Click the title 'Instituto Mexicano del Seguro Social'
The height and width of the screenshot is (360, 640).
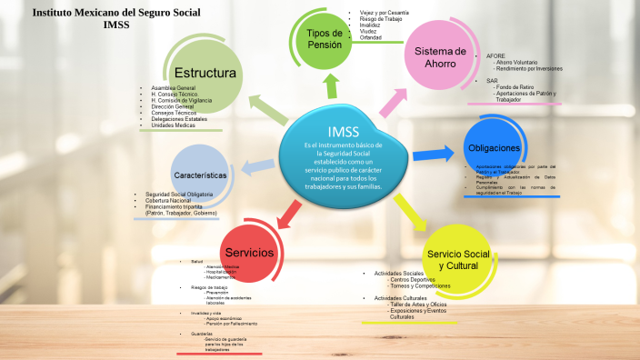(116, 13)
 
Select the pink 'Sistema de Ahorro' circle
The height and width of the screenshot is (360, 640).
(440, 56)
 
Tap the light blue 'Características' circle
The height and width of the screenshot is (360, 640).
(199, 174)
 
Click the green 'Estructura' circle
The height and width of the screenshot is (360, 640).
(205, 73)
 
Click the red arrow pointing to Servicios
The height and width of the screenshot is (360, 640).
(287, 214)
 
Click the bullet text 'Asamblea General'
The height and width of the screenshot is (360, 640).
(173, 87)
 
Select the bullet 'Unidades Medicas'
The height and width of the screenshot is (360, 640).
(174, 125)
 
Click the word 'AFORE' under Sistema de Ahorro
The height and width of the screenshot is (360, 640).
(496, 55)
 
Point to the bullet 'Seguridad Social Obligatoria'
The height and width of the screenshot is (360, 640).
(179, 195)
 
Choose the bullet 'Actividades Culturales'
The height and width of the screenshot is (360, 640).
(400, 297)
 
